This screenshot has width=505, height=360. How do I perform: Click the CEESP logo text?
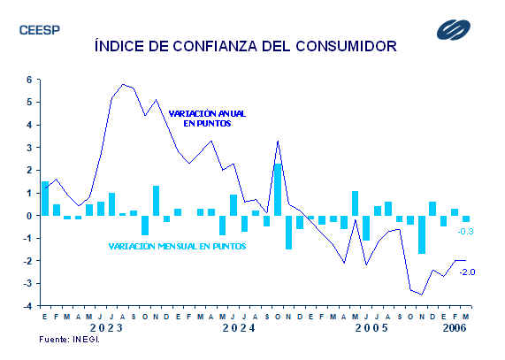[x=40, y=30]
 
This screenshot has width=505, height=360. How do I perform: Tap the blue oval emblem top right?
[x=454, y=30]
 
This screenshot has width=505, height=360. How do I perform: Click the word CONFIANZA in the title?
[x=215, y=46]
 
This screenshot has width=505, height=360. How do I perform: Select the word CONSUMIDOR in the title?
[x=346, y=46]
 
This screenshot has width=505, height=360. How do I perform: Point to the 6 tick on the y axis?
[x=30, y=80]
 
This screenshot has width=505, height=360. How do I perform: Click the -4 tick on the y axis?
[x=27, y=306]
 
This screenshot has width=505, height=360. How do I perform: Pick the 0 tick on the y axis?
[x=30, y=216]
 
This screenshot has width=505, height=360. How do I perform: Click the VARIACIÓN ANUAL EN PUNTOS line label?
[x=207, y=119]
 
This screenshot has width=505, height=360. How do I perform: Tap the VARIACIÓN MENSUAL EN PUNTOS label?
[x=177, y=246]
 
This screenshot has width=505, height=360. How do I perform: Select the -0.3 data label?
[x=465, y=232]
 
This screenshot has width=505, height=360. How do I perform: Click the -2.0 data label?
[x=467, y=272]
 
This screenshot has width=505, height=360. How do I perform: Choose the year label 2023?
[x=106, y=328]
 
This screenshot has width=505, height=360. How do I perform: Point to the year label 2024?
[x=239, y=328]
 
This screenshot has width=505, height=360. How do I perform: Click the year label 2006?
[x=455, y=328]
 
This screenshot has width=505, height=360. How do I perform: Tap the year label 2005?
[x=371, y=328]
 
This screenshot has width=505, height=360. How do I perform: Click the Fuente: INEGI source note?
[x=69, y=340]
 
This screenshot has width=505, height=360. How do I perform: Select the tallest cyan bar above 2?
[x=278, y=189]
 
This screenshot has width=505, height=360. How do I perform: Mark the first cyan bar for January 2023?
[x=45, y=198]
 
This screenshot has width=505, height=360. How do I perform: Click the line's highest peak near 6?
[x=123, y=85]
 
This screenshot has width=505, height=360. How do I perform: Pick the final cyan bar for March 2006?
[x=466, y=219]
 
